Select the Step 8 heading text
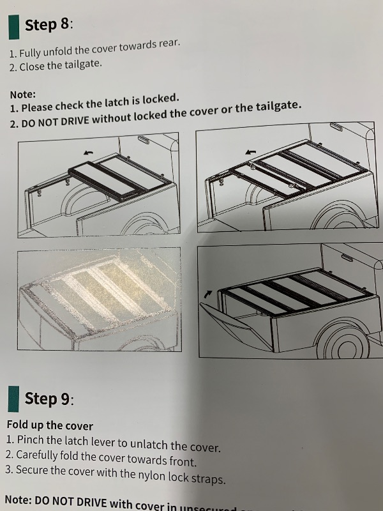[49, 25]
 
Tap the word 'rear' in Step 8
[169, 43]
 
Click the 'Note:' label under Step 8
[23, 94]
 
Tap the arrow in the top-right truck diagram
[251, 153]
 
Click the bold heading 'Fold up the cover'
[50, 425]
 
